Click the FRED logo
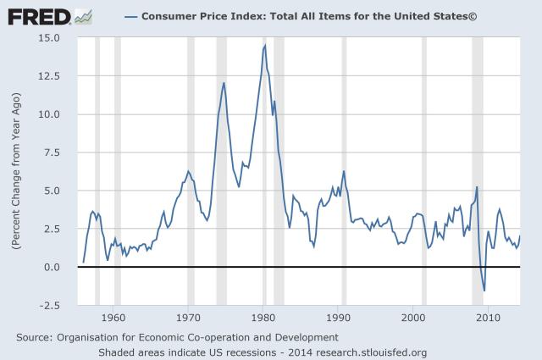click(x=37, y=15)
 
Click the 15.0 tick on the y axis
click(x=47, y=38)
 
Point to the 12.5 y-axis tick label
click(x=47, y=76)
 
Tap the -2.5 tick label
click(x=47, y=305)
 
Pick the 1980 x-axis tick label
click(x=263, y=318)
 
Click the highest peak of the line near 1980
click(x=265, y=45)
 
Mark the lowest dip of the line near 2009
click(x=484, y=291)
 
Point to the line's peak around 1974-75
click(x=224, y=82)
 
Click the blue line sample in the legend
click(x=132, y=16)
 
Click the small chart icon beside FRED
click(x=84, y=15)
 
